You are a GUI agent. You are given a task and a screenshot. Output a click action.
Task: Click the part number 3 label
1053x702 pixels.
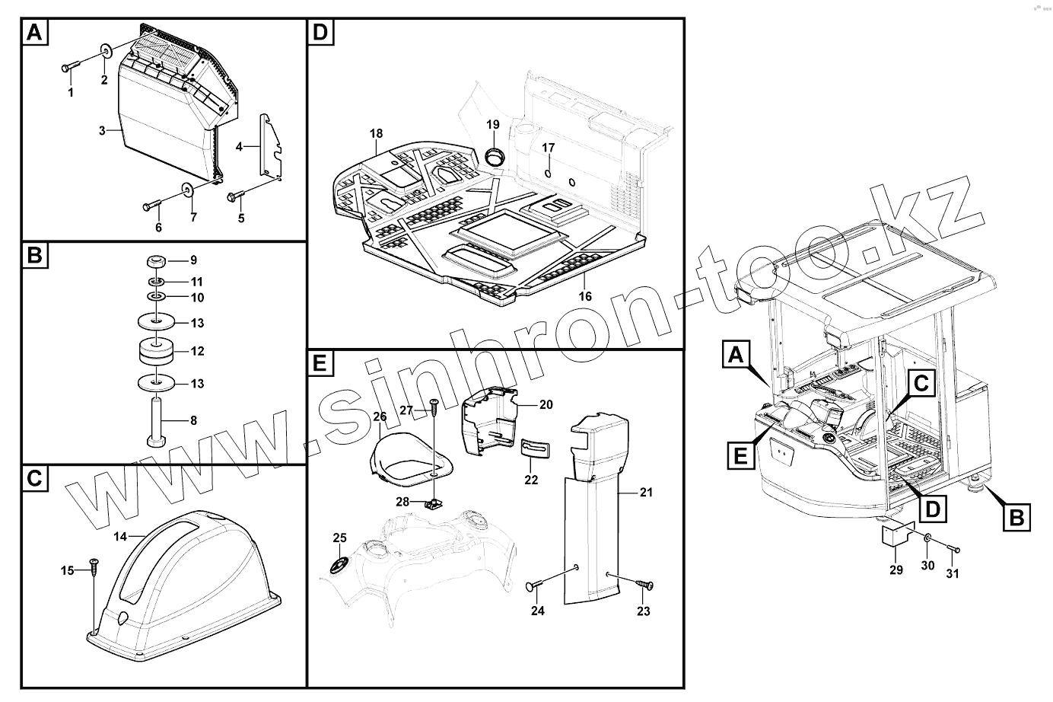pos(101,131)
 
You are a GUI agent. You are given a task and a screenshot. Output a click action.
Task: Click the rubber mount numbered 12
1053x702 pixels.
pos(157,352)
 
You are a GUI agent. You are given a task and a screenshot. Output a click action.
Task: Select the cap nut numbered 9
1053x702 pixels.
pos(157,261)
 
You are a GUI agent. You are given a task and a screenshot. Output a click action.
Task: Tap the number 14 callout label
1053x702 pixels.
pos(120,537)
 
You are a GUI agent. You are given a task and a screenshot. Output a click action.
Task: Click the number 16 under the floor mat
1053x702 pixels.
pos(584,297)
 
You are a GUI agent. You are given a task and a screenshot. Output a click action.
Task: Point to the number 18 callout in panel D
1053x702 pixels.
pos(376,134)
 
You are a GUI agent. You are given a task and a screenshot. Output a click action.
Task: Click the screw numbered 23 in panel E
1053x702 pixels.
pos(644,584)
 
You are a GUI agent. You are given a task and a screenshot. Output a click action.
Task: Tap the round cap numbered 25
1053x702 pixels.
pos(339,565)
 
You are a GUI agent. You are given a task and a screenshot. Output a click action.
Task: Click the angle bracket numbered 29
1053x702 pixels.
pos(896,537)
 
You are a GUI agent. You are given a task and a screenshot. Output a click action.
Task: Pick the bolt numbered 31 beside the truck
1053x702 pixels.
pos(951,549)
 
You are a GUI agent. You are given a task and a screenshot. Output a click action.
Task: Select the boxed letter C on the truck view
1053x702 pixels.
pos(920,385)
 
